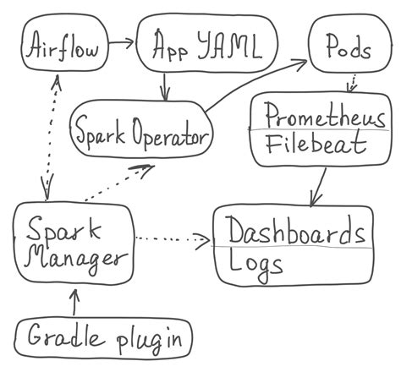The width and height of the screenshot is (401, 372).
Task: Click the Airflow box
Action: tap(63, 48)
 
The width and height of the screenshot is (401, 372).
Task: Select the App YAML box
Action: tap(206, 48)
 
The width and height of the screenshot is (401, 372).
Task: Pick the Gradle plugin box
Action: tap(105, 339)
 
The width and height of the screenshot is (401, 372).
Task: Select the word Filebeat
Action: tap(315, 145)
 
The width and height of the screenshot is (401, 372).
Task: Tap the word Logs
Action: tap(255, 264)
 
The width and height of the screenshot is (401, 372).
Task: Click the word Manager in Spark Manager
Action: tap(74, 256)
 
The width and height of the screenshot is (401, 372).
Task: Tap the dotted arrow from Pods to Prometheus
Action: tap(351, 83)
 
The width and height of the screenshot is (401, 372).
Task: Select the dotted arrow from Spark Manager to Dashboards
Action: tap(173, 239)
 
